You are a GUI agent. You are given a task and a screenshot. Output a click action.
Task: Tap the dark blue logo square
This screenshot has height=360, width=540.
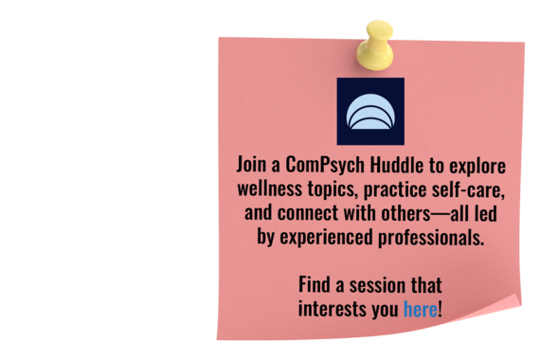(370, 111)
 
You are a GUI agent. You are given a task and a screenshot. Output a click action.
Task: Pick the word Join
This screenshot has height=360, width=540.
(254, 164)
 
